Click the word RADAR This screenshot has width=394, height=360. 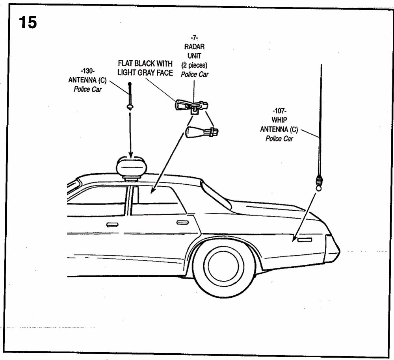194,47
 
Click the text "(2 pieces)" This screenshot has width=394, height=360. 194,65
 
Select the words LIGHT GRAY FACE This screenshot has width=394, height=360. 145,73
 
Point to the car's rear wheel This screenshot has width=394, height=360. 223,265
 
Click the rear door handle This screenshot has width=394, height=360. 182,223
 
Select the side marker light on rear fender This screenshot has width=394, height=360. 305,239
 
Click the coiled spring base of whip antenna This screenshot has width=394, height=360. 319,181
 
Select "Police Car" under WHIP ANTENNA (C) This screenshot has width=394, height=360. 279,139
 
